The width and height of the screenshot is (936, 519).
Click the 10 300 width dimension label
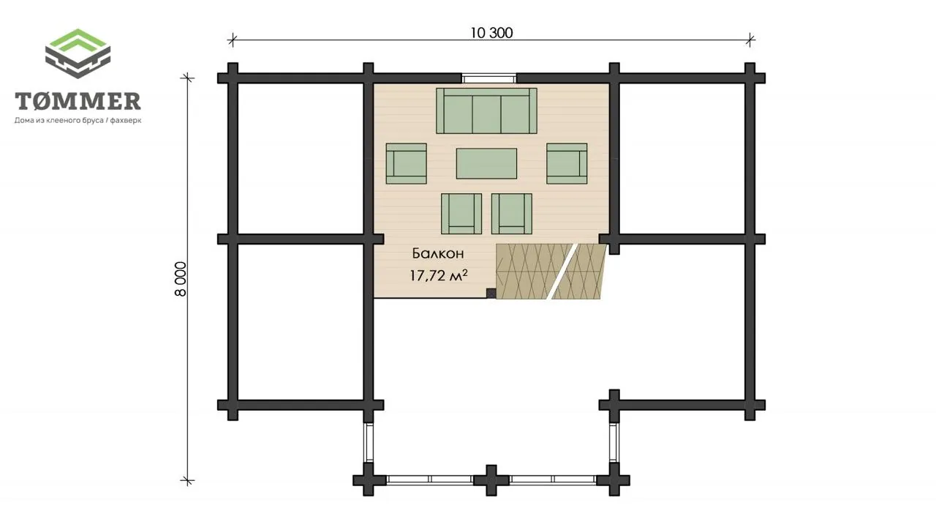(491, 33)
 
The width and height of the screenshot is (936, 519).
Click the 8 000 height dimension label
(181, 279)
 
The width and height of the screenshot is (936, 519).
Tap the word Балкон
(438, 253)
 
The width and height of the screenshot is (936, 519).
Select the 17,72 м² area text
(438, 275)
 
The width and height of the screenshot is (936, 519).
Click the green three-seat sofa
(486, 111)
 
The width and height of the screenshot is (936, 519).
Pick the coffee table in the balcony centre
(486, 163)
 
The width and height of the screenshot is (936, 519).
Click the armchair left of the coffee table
(406, 163)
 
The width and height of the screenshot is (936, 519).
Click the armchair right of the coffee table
(567, 163)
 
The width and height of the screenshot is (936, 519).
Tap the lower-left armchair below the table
(461, 214)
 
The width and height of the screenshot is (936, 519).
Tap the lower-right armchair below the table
(511, 214)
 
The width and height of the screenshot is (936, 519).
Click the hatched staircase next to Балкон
(551, 272)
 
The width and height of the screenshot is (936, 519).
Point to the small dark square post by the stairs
(491, 293)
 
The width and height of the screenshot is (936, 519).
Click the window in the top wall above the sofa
(489, 78)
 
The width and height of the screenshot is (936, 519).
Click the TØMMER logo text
(78, 101)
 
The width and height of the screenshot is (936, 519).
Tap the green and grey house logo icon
(78, 53)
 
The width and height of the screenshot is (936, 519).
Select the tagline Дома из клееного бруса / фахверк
(78, 121)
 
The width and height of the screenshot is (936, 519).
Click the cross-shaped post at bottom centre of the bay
(491, 480)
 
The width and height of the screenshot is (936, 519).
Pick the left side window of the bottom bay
(368, 443)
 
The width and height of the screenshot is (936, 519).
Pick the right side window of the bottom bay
(614, 443)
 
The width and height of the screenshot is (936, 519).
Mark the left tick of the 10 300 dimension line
(233, 40)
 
